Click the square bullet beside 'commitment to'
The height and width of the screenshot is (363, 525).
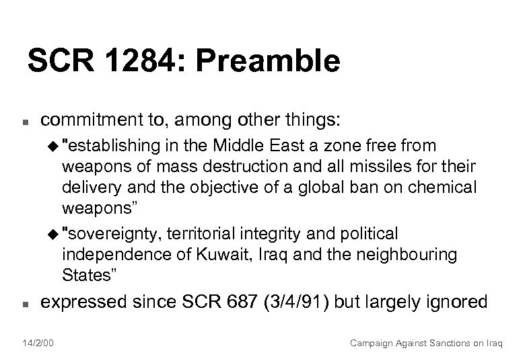click(x=23, y=122)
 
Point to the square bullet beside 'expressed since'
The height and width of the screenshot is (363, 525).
click(x=23, y=304)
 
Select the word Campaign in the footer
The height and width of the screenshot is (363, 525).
click(x=373, y=342)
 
